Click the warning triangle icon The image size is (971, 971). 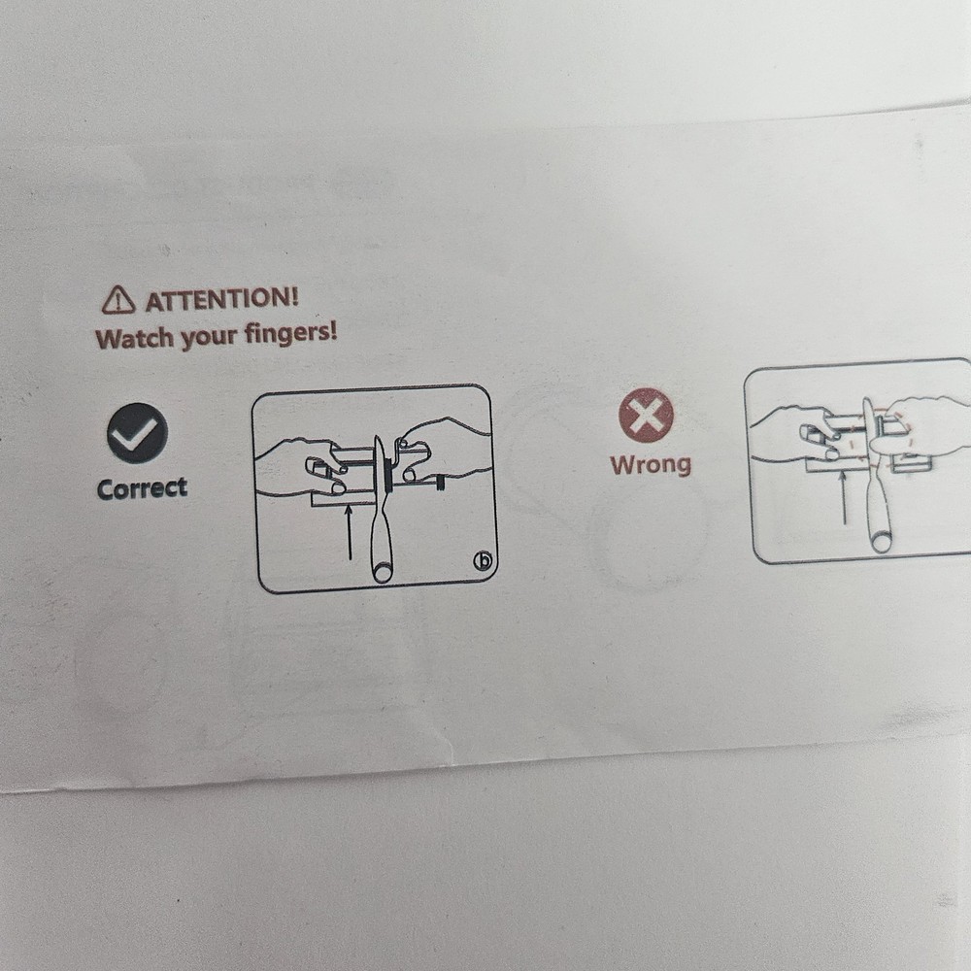118,300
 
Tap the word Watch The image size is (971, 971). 126,339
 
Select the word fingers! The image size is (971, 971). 291,333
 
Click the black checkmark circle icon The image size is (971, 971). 137,433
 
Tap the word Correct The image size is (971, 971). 142,488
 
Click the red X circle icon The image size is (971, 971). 646,415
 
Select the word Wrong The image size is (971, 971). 651,464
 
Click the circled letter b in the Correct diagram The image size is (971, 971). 483,561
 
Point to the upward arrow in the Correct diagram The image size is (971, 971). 350,532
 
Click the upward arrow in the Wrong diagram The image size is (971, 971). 843,497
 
